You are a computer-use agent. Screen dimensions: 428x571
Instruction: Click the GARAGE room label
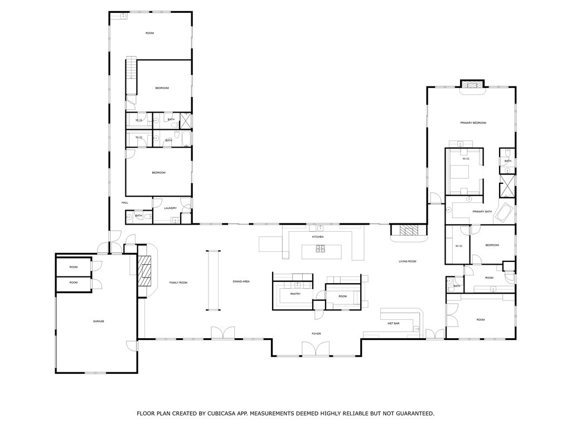click(x=99, y=321)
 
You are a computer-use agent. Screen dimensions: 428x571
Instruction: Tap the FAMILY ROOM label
click(x=178, y=283)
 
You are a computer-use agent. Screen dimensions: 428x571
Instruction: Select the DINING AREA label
click(x=241, y=281)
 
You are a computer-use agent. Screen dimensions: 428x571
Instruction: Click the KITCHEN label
click(x=318, y=237)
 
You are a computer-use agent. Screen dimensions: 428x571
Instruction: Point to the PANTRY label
click(x=296, y=294)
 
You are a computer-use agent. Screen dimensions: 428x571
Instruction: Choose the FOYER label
click(x=316, y=334)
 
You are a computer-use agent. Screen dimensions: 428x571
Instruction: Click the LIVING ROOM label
click(x=407, y=261)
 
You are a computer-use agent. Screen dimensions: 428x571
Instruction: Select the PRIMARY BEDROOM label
click(x=473, y=123)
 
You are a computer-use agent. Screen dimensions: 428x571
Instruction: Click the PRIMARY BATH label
click(x=482, y=212)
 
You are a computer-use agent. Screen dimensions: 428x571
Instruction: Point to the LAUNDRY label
click(x=171, y=208)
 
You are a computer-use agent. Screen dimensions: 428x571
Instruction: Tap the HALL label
click(x=125, y=202)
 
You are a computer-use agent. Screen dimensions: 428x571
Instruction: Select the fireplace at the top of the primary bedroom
click(x=472, y=85)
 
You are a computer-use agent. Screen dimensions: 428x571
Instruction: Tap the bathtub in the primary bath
click(x=506, y=212)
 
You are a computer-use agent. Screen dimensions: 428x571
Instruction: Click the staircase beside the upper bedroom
click(x=130, y=75)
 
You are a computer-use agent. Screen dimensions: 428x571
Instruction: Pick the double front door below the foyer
click(x=316, y=349)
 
